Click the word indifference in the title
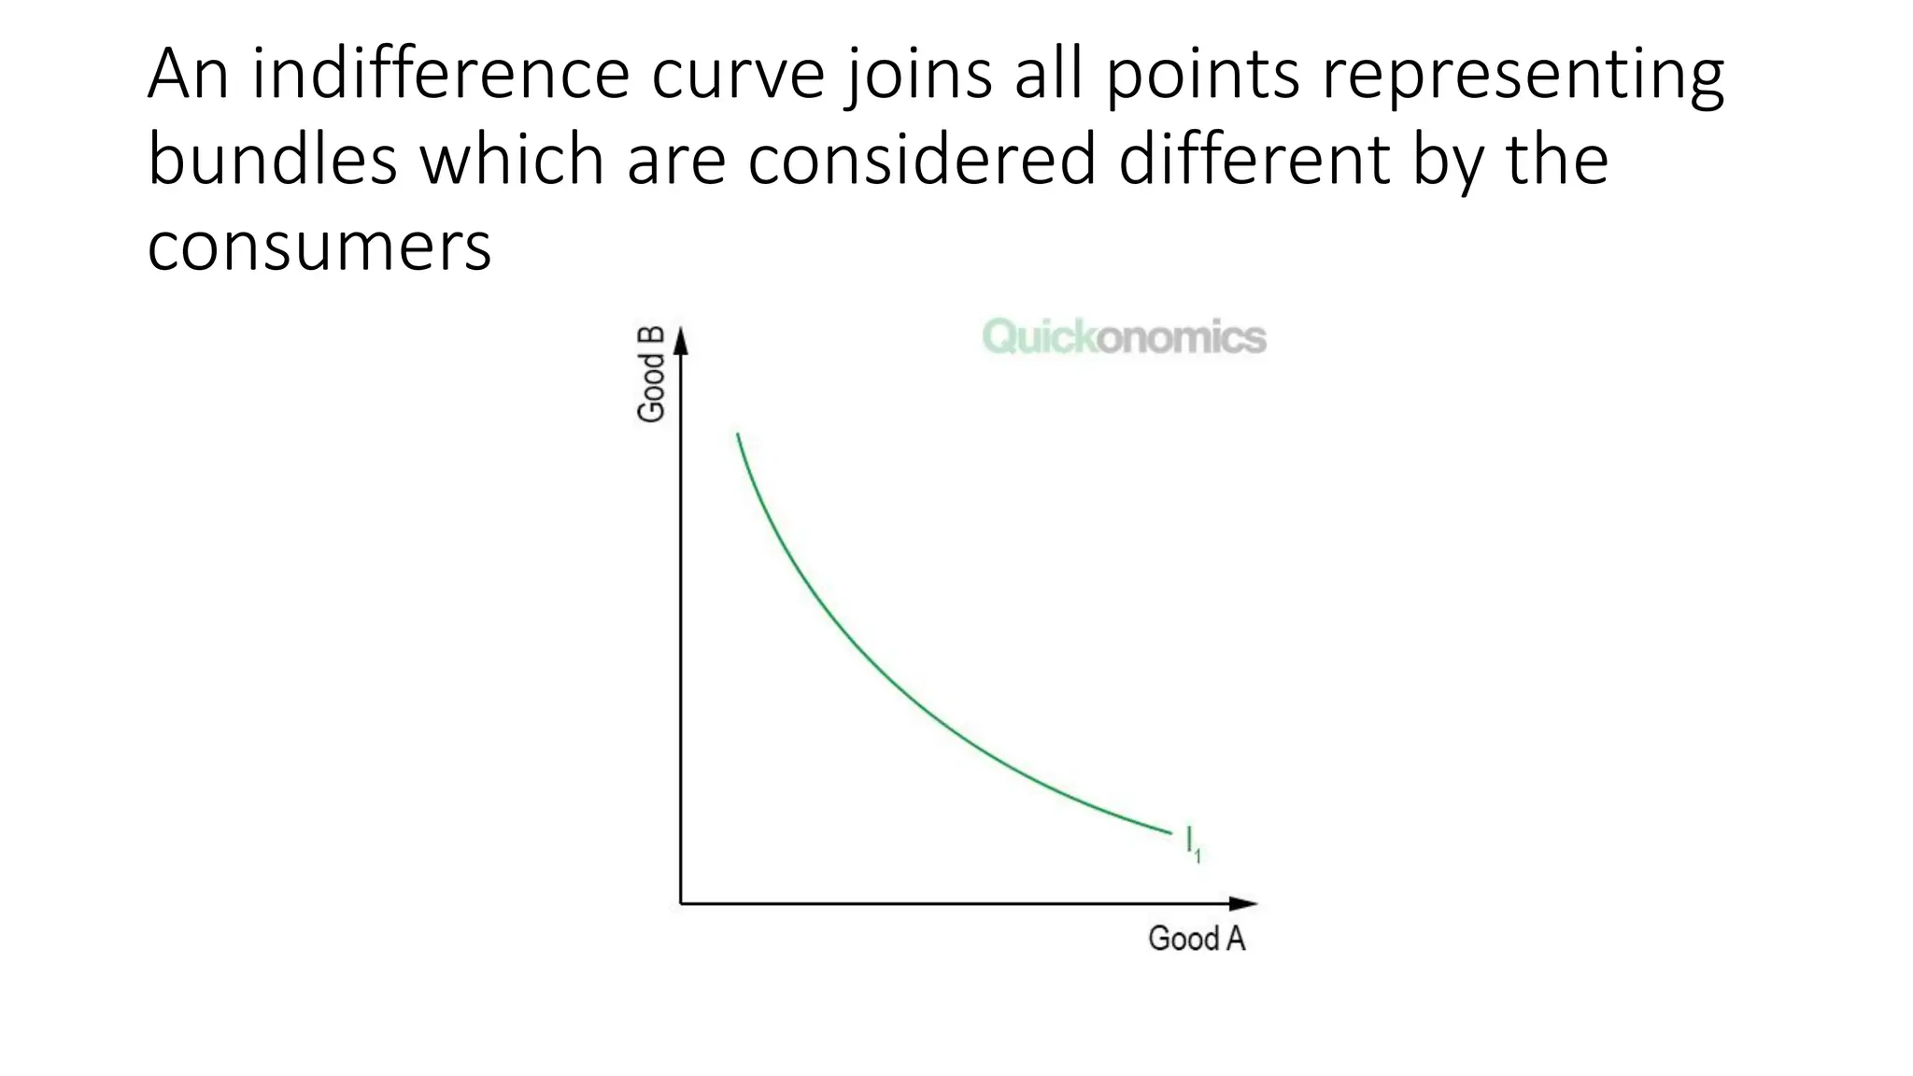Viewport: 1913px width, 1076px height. (440, 74)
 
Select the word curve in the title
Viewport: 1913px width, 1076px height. (738, 76)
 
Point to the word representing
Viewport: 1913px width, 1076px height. (1522, 76)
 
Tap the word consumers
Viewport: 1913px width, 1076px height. (319, 247)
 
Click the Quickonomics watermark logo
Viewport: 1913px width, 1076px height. (1125, 337)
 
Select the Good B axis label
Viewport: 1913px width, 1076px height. (651, 374)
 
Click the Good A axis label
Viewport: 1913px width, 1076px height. (1197, 939)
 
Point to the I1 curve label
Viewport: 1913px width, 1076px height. (1193, 842)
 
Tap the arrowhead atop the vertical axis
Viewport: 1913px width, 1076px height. (681, 341)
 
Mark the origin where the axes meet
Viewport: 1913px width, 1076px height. (681, 903)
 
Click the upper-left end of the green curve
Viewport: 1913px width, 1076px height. (738, 434)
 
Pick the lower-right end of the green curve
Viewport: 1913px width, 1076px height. (1170, 832)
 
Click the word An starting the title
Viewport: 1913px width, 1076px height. (187, 74)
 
